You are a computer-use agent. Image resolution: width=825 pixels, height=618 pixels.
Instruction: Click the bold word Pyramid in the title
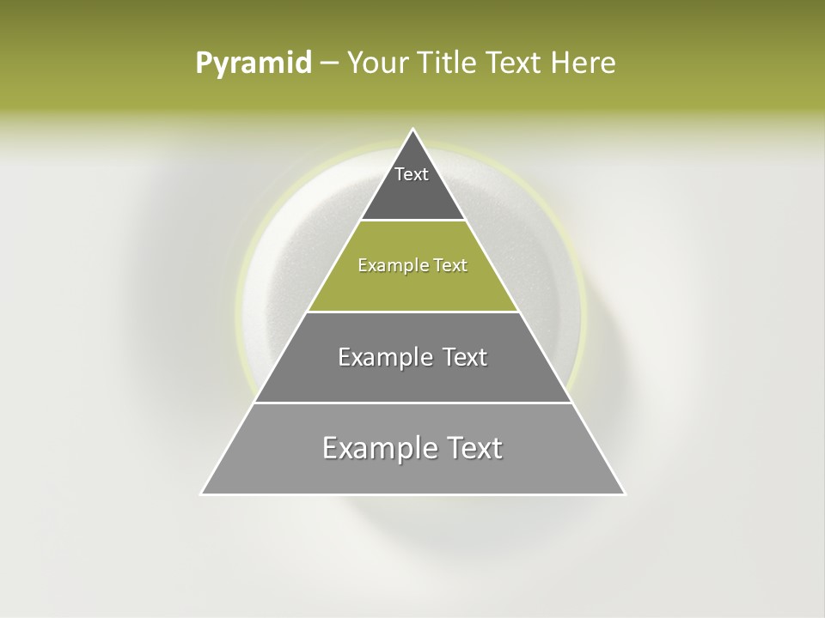pyautogui.click(x=254, y=64)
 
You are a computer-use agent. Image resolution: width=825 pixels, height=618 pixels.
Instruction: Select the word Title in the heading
pyautogui.click(x=448, y=64)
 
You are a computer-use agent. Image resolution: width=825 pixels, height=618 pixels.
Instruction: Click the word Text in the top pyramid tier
pyautogui.click(x=412, y=174)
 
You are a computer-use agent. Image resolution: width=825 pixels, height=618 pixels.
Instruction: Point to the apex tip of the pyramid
pyautogui.click(x=413, y=130)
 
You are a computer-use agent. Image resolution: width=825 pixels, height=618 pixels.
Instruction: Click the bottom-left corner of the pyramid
pyautogui.click(x=202, y=494)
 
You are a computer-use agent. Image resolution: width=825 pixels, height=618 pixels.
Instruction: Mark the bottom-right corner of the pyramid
pyautogui.click(x=625, y=494)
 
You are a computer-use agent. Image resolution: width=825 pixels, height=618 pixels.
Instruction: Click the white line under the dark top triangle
pyautogui.click(x=413, y=221)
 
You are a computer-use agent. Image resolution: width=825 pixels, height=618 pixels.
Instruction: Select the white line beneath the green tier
pyautogui.click(x=413, y=312)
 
